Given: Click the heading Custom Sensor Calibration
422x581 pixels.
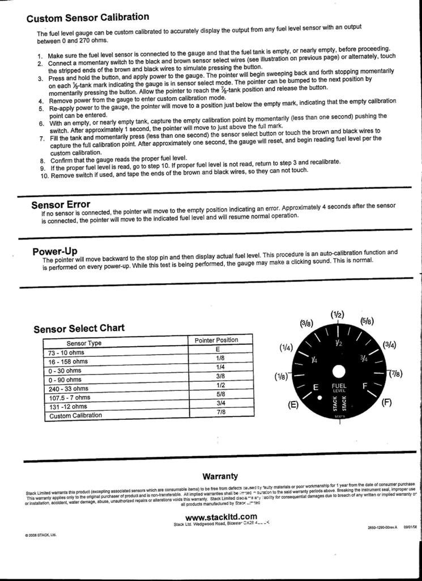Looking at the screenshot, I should (88, 18).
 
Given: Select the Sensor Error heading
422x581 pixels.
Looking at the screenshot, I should (61, 204).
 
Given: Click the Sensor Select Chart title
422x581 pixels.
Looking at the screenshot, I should (79, 329).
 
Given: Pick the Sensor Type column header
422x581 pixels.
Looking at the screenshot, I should (84, 343).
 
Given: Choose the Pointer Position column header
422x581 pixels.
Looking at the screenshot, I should (216, 340).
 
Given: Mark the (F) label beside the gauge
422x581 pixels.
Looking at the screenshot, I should (387, 403).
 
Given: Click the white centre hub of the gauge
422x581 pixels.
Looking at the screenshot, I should (338, 372).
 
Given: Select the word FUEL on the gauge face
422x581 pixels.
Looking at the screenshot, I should (338, 386).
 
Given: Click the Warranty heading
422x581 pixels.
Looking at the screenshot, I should (220, 476).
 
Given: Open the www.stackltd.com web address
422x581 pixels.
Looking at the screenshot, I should (221, 516).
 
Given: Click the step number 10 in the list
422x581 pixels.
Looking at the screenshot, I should (45, 176).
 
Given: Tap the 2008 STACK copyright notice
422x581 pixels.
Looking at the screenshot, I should (41, 534).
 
